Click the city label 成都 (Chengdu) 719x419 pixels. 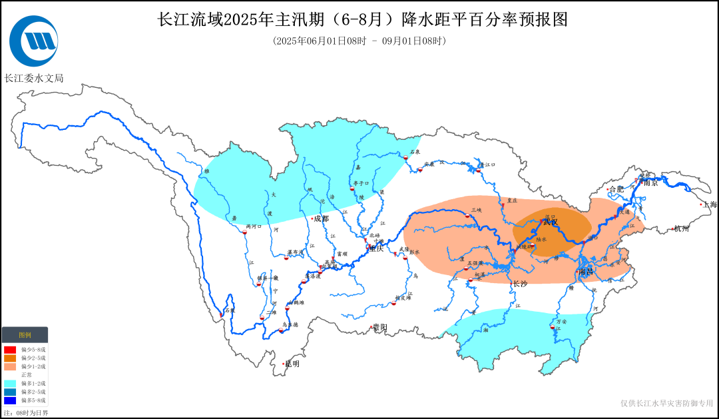coord(321,218)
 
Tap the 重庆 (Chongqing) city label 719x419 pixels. coord(377,248)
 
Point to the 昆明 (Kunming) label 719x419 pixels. coord(292,364)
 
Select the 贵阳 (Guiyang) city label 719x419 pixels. coord(379,327)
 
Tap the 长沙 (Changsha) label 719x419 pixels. coord(519,284)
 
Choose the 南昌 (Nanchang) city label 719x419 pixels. coord(586,272)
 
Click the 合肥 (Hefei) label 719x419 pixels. coord(616,189)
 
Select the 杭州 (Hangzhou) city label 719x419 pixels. coord(682,228)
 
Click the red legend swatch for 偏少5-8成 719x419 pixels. coord(10,349)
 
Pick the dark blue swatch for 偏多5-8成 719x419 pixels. coord(10,400)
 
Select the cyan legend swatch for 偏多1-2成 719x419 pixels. coord(10,384)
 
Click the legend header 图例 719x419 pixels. coord(25,334)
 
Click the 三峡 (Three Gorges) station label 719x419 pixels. coord(476,210)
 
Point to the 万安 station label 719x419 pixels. coord(561,322)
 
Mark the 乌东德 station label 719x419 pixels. coord(290,325)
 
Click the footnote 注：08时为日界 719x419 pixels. coord(25,413)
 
